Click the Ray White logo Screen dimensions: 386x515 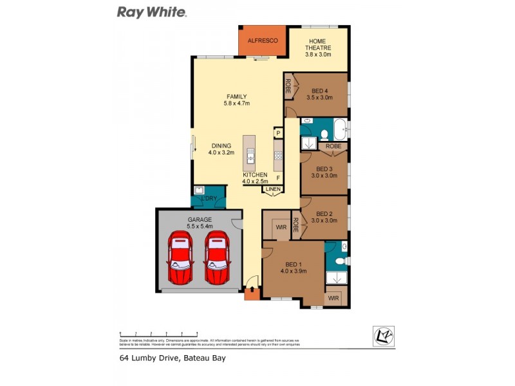pyautogui.click(x=151, y=12)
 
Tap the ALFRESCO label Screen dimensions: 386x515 pyautogui.click(x=262, y=41)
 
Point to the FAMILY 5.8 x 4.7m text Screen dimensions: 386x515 pyautogui.click(x=236, y=100)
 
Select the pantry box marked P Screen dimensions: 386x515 pyautogui.click(x=278, y=133)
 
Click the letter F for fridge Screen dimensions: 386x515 pyautogui.click(x=278, y=178)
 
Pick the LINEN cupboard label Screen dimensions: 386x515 pyautogui.click(x=271, y=188)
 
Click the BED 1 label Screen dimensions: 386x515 pyautogui.click(x=294, y=268)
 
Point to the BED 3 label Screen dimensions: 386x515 pyautogui.click(x=324, y=171)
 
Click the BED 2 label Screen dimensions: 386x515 pyautogui.click(x=324, y=217)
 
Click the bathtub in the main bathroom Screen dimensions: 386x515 pyautogui.click(x=339, y=129)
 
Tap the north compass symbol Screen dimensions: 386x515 pyautogui.click(x=383, y=336)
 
